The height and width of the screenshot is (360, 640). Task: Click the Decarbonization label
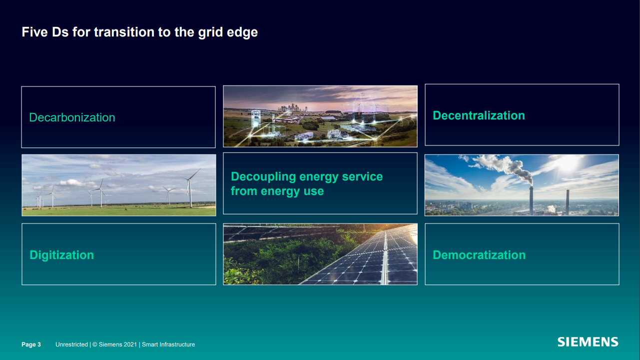[72, 117]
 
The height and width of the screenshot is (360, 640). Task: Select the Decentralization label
[478, 115]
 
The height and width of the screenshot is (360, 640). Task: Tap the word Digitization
[61, 255]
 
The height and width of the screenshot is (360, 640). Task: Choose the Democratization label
[479, 255]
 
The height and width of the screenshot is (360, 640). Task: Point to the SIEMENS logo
[588, 342]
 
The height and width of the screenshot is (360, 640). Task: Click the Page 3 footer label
[31, 344]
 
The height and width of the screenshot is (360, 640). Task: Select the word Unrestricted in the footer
[71, 344]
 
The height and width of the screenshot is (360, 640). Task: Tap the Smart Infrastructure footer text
[168, 344]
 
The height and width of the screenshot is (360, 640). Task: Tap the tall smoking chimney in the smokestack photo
[531, 200]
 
